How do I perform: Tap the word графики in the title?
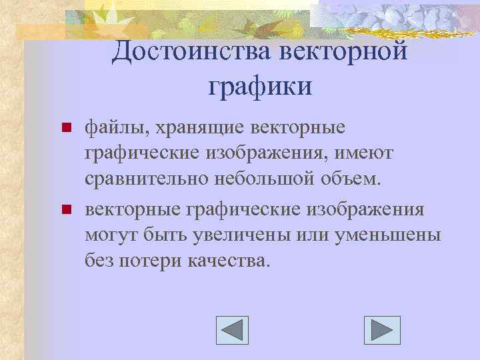coord(259,85)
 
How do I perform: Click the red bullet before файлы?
coord(65,127)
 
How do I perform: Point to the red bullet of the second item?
coord(65,210)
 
